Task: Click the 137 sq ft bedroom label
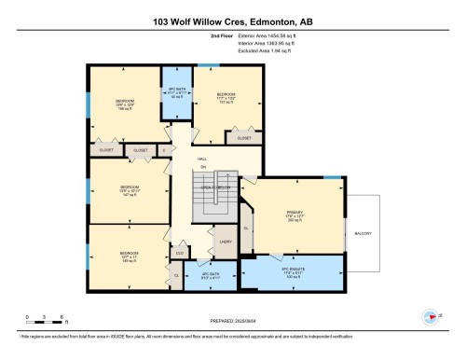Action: coord(225,98)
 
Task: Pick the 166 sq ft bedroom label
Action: coord(125,104)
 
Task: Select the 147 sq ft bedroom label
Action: coord(130,177)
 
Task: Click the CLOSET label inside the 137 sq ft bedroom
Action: coord(244,137)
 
